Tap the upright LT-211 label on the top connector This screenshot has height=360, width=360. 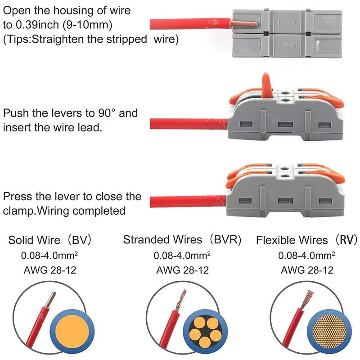point(282,20)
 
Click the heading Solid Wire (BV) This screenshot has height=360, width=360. point(50,240)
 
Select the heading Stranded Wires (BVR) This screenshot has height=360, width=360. point(182,240)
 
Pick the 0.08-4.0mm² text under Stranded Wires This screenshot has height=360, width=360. point(182,256)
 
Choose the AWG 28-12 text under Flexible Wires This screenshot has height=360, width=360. point(307,270)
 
